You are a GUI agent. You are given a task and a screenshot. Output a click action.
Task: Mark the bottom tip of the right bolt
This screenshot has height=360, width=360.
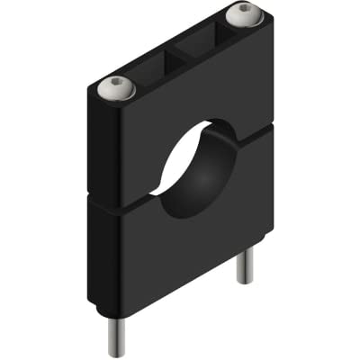point(244,282)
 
